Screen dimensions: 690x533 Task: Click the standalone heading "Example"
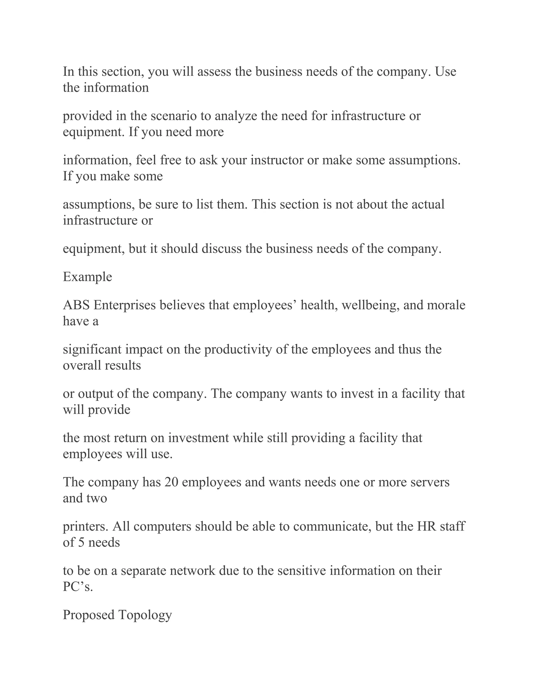[87, 277]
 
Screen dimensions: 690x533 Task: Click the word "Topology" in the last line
[145, 615]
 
